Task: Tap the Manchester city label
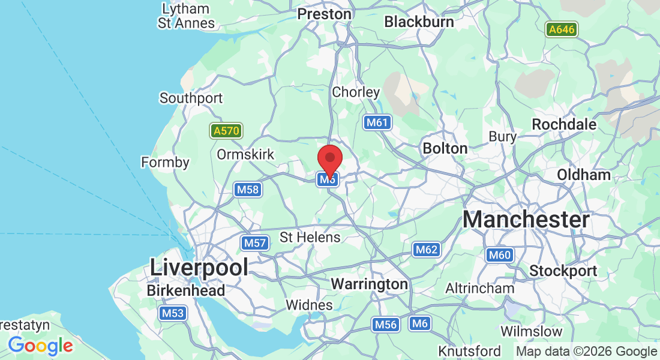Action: click(526, 220)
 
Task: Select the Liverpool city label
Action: click(199, 267)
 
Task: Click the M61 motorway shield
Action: click(377, 123)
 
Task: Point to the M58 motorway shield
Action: click(248, 190)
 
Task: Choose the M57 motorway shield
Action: click(254, 243)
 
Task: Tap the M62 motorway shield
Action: click(427, 250)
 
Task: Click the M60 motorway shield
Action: click(499, 255)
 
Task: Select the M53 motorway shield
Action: click(173, 313)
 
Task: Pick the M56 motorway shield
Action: click(385, 325)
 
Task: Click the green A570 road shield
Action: click(226, 131)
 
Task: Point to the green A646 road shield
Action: click(562, 29)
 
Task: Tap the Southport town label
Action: click(191, 98)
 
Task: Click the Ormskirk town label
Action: click(245, 155)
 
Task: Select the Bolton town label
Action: click(445, 148)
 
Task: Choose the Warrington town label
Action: click(370, 283)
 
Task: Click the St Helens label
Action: click(310, 237)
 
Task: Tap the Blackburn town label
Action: click(419, 22)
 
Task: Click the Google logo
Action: click(41, 346)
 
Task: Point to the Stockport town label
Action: click(563, 271)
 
